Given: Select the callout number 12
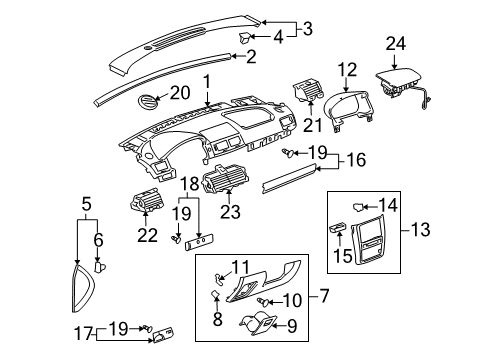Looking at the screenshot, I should (x=348, y=68).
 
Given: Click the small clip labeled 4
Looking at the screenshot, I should (x=243, y=38).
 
